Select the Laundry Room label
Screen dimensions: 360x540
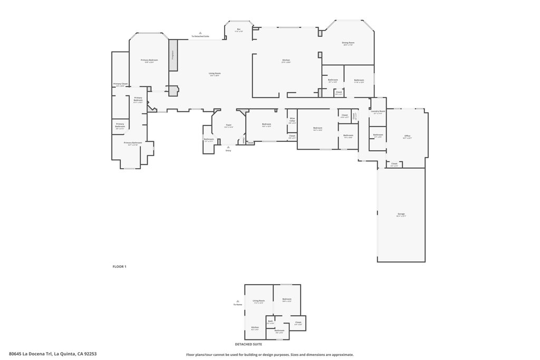coord(378,112)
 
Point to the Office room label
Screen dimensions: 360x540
coord(407,137)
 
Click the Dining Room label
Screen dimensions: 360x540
coord(348,43)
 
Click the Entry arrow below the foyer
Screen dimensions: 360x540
coord(228,147)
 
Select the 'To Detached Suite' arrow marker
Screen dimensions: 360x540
coord(200,33)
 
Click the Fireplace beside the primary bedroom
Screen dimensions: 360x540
coord(172,55)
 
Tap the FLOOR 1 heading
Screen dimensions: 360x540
coord(119,267)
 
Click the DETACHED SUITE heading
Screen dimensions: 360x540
coord(248,344)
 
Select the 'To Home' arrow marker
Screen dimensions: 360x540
coord(238,301)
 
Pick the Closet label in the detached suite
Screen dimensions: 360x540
coord(298,323)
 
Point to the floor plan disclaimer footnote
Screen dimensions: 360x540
coord(270,355)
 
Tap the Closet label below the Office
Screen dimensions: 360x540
coord(394,164)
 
